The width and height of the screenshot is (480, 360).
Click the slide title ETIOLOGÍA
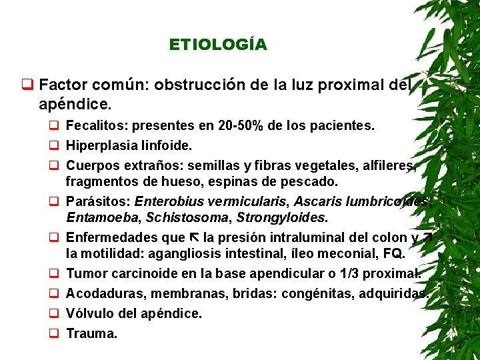coord(218,45)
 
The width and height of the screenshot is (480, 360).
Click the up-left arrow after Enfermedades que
coord(195,237)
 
